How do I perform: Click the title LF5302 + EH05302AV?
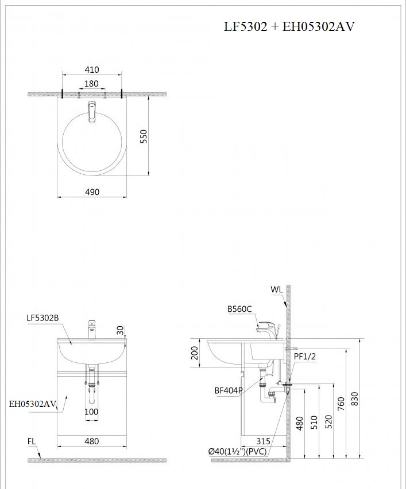point(289,27)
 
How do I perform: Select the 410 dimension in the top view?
point(92,70)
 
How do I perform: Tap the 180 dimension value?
point(91,84)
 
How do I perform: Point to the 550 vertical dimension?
point(144,136)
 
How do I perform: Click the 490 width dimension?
point(92,191)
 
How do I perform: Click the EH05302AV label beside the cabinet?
point(32,404)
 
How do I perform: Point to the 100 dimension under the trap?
point(91,412)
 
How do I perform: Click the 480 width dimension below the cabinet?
point(91,441)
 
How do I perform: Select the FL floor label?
point(32,441)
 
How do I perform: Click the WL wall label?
point(277,290)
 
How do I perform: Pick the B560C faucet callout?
point(239,309)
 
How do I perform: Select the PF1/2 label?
point(305,356)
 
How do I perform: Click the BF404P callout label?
point(229,390)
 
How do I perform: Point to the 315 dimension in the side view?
point(264,441)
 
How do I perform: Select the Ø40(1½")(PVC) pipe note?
point(237,451)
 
